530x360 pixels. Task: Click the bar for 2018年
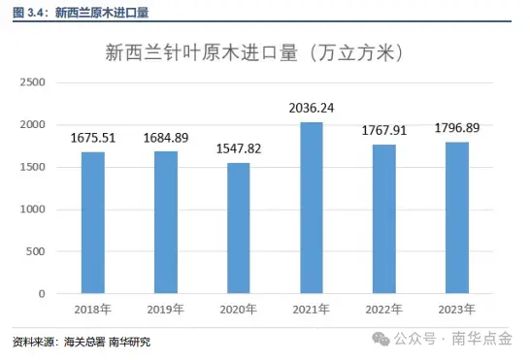pyautogui.click(x=93, y=223)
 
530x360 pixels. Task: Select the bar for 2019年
pyautogui.click(x=166, y=222)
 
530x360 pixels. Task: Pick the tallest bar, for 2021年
pyautogui.click(x=312, y=208)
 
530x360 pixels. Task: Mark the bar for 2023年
pyautogui.click(x=457, y=218)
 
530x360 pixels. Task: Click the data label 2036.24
pyautogui.click(x=312, y=109)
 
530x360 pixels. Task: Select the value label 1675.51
pyautogui.click(x=93, y=138)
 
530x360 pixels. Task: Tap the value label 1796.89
pyautogui.click(x=457, y=130)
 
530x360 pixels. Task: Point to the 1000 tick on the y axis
pyautogui.click(x=34, y=210)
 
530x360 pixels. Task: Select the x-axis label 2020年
pyautogui.click(x=239, y=310)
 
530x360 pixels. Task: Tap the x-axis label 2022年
pyautogui.click(x=384, y=310)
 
